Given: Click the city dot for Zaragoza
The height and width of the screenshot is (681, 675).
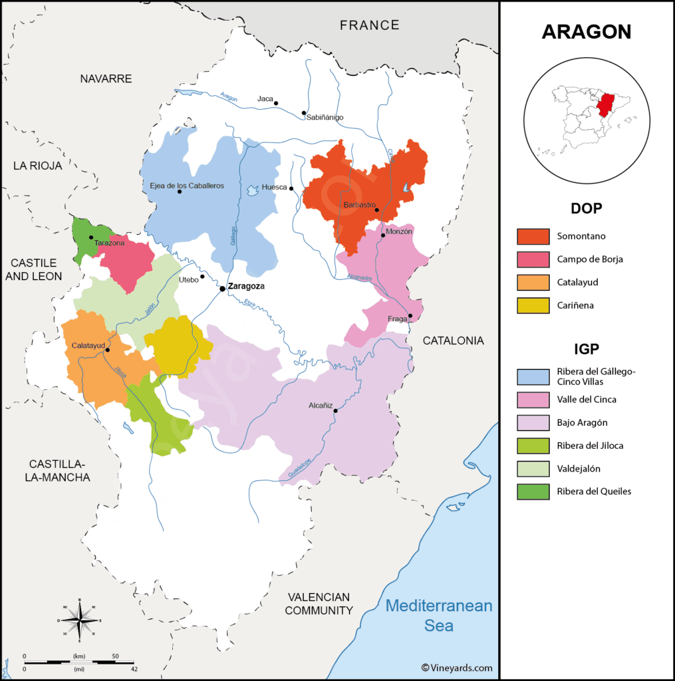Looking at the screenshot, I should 222,289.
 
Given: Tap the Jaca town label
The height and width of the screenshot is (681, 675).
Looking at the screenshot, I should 265,99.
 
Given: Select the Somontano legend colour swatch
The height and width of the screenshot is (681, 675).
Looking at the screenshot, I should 533,236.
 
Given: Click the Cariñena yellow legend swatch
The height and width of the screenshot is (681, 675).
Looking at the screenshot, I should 533,305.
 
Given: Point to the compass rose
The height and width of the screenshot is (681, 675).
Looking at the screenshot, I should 79,620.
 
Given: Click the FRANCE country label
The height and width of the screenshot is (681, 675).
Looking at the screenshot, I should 369,25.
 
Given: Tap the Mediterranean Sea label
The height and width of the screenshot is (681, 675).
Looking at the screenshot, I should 439,616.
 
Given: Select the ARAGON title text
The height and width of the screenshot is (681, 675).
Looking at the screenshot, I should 586,32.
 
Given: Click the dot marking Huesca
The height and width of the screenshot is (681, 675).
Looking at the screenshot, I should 291,188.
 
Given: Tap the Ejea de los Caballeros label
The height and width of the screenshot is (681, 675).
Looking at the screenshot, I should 187,185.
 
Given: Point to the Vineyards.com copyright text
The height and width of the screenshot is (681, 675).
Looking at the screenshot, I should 456,668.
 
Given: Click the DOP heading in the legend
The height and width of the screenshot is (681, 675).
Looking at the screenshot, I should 586,208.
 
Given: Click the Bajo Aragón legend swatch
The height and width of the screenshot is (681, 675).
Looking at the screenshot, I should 533,422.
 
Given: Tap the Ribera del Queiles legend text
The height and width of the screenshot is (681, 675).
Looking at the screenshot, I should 594,491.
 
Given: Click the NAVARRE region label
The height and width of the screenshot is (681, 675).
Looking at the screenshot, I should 106,78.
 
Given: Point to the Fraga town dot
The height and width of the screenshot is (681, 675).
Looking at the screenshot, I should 410,316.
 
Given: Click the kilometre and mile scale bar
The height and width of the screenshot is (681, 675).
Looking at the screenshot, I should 80,662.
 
